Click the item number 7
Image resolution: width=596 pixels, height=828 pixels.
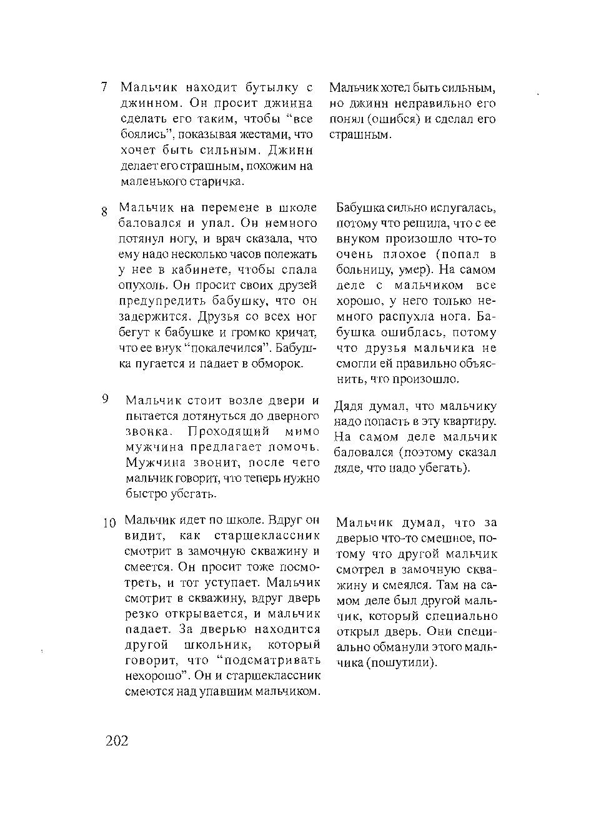104,87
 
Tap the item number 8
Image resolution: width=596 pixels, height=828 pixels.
104,212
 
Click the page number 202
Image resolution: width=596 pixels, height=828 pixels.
117,741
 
